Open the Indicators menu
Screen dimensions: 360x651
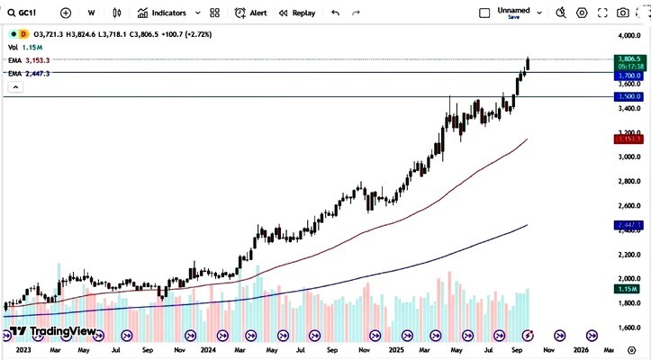162,13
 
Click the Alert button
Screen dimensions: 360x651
251,13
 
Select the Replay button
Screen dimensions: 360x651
297,13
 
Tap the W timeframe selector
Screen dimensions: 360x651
92,13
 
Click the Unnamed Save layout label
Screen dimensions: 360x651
513,13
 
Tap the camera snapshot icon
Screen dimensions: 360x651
623,13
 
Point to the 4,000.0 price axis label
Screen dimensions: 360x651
628,35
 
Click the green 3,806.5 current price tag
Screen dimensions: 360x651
628,58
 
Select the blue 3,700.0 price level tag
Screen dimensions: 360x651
628,76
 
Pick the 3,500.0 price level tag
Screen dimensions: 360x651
628,96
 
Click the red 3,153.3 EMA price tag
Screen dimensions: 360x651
628,139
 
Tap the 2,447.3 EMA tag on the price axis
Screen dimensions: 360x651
628,224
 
